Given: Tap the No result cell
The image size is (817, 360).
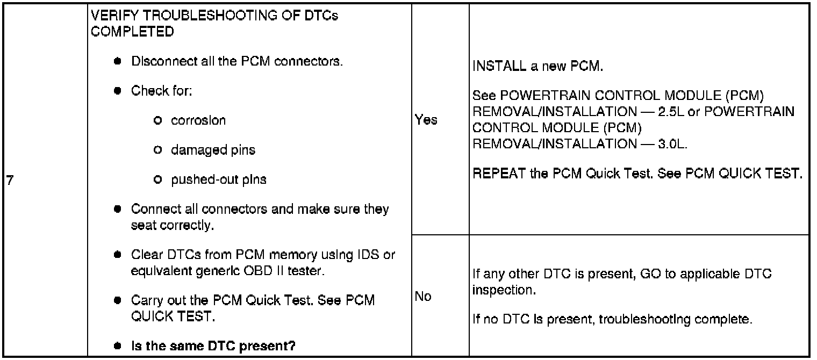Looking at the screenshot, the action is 424,296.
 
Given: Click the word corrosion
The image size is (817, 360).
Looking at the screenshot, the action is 198,120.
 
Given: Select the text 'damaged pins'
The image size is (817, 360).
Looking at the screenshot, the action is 213,150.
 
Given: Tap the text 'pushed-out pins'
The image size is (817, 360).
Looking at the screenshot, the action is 218,179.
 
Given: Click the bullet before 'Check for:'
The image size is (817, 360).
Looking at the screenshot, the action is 117,91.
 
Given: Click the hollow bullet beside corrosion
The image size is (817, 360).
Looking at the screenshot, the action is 158,120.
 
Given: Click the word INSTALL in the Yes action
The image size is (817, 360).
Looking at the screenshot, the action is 494,68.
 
